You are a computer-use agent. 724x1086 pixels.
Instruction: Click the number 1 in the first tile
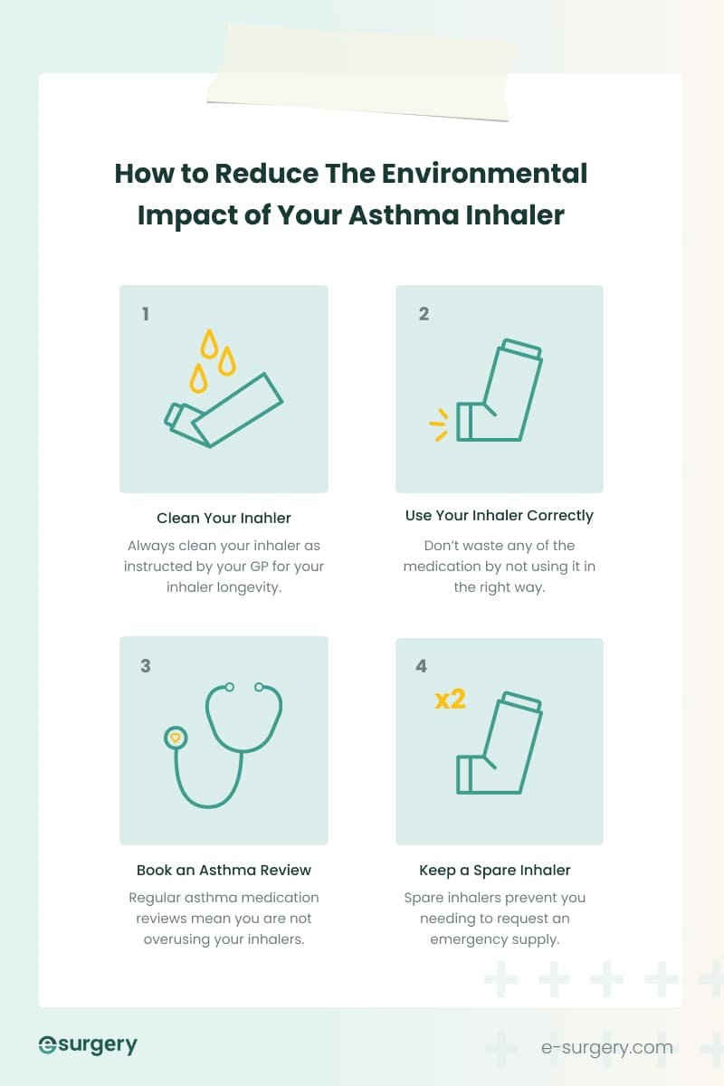(x=146, y=315)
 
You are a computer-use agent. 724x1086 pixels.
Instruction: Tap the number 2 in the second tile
(x=424, y=315)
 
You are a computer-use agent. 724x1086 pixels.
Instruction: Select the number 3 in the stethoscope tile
(x=146, y=666)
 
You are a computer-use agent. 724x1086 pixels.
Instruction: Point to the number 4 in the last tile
(x=422, y=666)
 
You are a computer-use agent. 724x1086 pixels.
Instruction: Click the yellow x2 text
(x=450, y=700)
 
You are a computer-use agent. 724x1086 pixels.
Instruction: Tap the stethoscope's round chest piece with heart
(x=176, y=738)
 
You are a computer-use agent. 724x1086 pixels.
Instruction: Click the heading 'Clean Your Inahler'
(x=224, y=519)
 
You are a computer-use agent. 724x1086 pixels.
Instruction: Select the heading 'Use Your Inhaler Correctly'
(x=499, y=516)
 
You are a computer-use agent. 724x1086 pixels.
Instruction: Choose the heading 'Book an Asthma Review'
(x=224, y=871)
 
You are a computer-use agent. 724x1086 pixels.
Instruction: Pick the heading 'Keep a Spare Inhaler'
(x=495, y=871)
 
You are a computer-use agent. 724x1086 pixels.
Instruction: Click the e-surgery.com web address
(x=606, y=1048)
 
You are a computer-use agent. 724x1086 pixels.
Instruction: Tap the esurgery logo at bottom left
(x=88, y=1045)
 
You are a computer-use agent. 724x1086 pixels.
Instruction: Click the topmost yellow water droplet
(x=210, y=343)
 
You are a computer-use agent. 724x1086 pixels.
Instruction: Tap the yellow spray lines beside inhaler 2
(x=439, y=424)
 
